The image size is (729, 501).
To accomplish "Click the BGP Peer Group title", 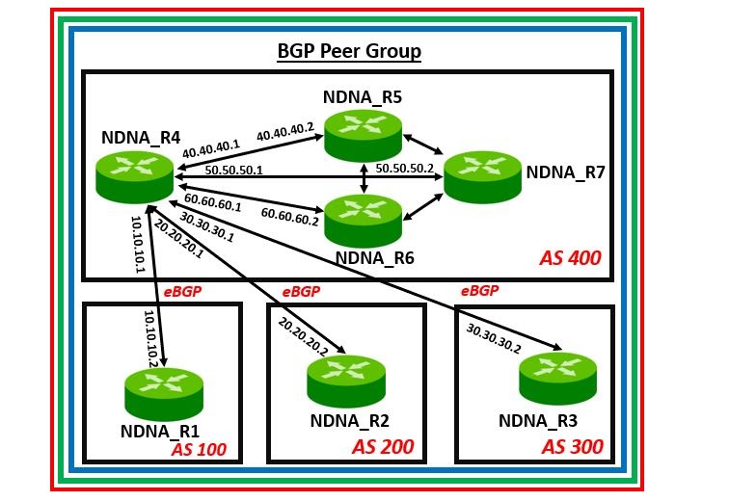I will (x=349, y=51).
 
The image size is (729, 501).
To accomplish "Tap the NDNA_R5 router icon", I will (x=363, y=135).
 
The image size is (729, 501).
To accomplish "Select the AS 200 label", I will (x=382, y=446).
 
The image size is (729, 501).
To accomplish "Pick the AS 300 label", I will (x=572, y=446).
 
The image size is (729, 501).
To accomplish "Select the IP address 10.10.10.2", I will (x=150, y=338).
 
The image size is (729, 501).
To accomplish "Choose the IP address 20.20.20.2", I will (x=306, y=334).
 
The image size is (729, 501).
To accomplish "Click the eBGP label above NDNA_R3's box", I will (x=479, y=290).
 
